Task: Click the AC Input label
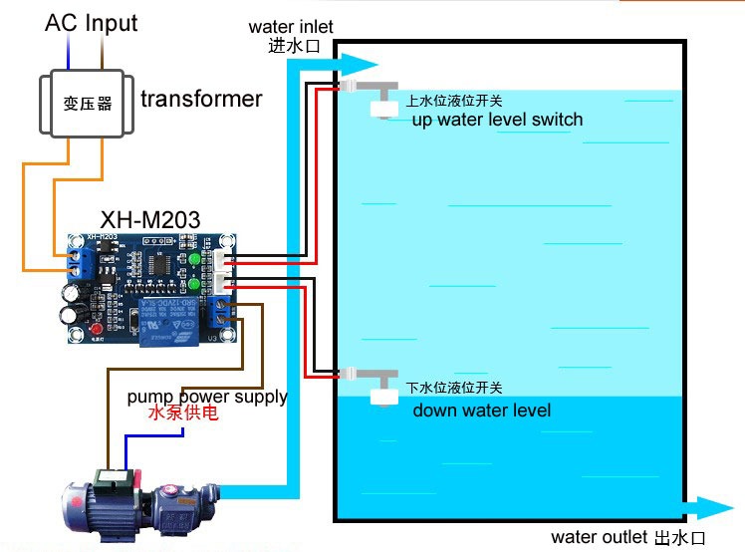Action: (x=92, y=23)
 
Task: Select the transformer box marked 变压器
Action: (x=87, y=104)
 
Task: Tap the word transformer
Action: (x=201, y=99)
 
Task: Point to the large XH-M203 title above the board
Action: (x=150, y=219)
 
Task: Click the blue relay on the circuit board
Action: (x=168, y=322)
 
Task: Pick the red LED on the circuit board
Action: (x=97, y=329)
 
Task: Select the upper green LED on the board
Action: (x=194, y=260)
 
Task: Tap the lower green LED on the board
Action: (x=194, y=284)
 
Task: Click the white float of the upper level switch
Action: (x=384, y=109)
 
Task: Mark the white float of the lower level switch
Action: (x=384, y=397)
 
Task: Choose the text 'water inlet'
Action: (x=291, y=27)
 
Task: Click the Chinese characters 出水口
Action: (x=680, y=538)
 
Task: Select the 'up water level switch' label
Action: (x=497, y=120)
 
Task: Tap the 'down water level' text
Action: (x=482, y=410)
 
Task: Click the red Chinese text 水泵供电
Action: (x=183, y=413)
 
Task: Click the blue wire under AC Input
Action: (x=69, y=52)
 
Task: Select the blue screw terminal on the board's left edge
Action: (x=80, y=263)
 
